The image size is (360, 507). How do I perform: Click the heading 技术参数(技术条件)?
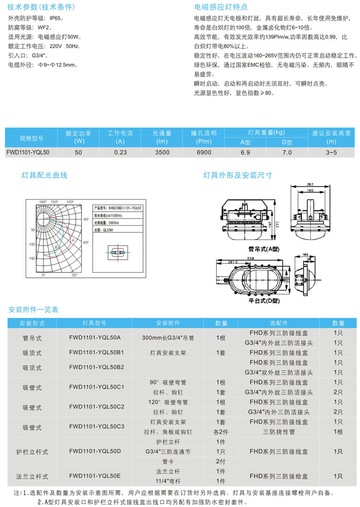[x=40, y=8]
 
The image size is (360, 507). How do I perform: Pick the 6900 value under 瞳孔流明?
[x=204, y=152]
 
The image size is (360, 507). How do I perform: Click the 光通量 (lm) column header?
[x=162, y=137]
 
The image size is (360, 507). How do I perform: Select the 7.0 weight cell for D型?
[x=287, y=152]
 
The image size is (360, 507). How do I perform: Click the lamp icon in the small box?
[x=118, y=252]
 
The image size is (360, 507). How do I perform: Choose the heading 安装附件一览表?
[x=34, y=310]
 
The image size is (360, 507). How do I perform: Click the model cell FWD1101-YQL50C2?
[x=97, y=407]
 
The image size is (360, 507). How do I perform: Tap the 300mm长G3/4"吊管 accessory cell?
[x=161, y=338]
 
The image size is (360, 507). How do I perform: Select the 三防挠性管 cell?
[x=279, y=432]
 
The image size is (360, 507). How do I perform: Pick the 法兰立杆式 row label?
[x=32, y=477]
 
